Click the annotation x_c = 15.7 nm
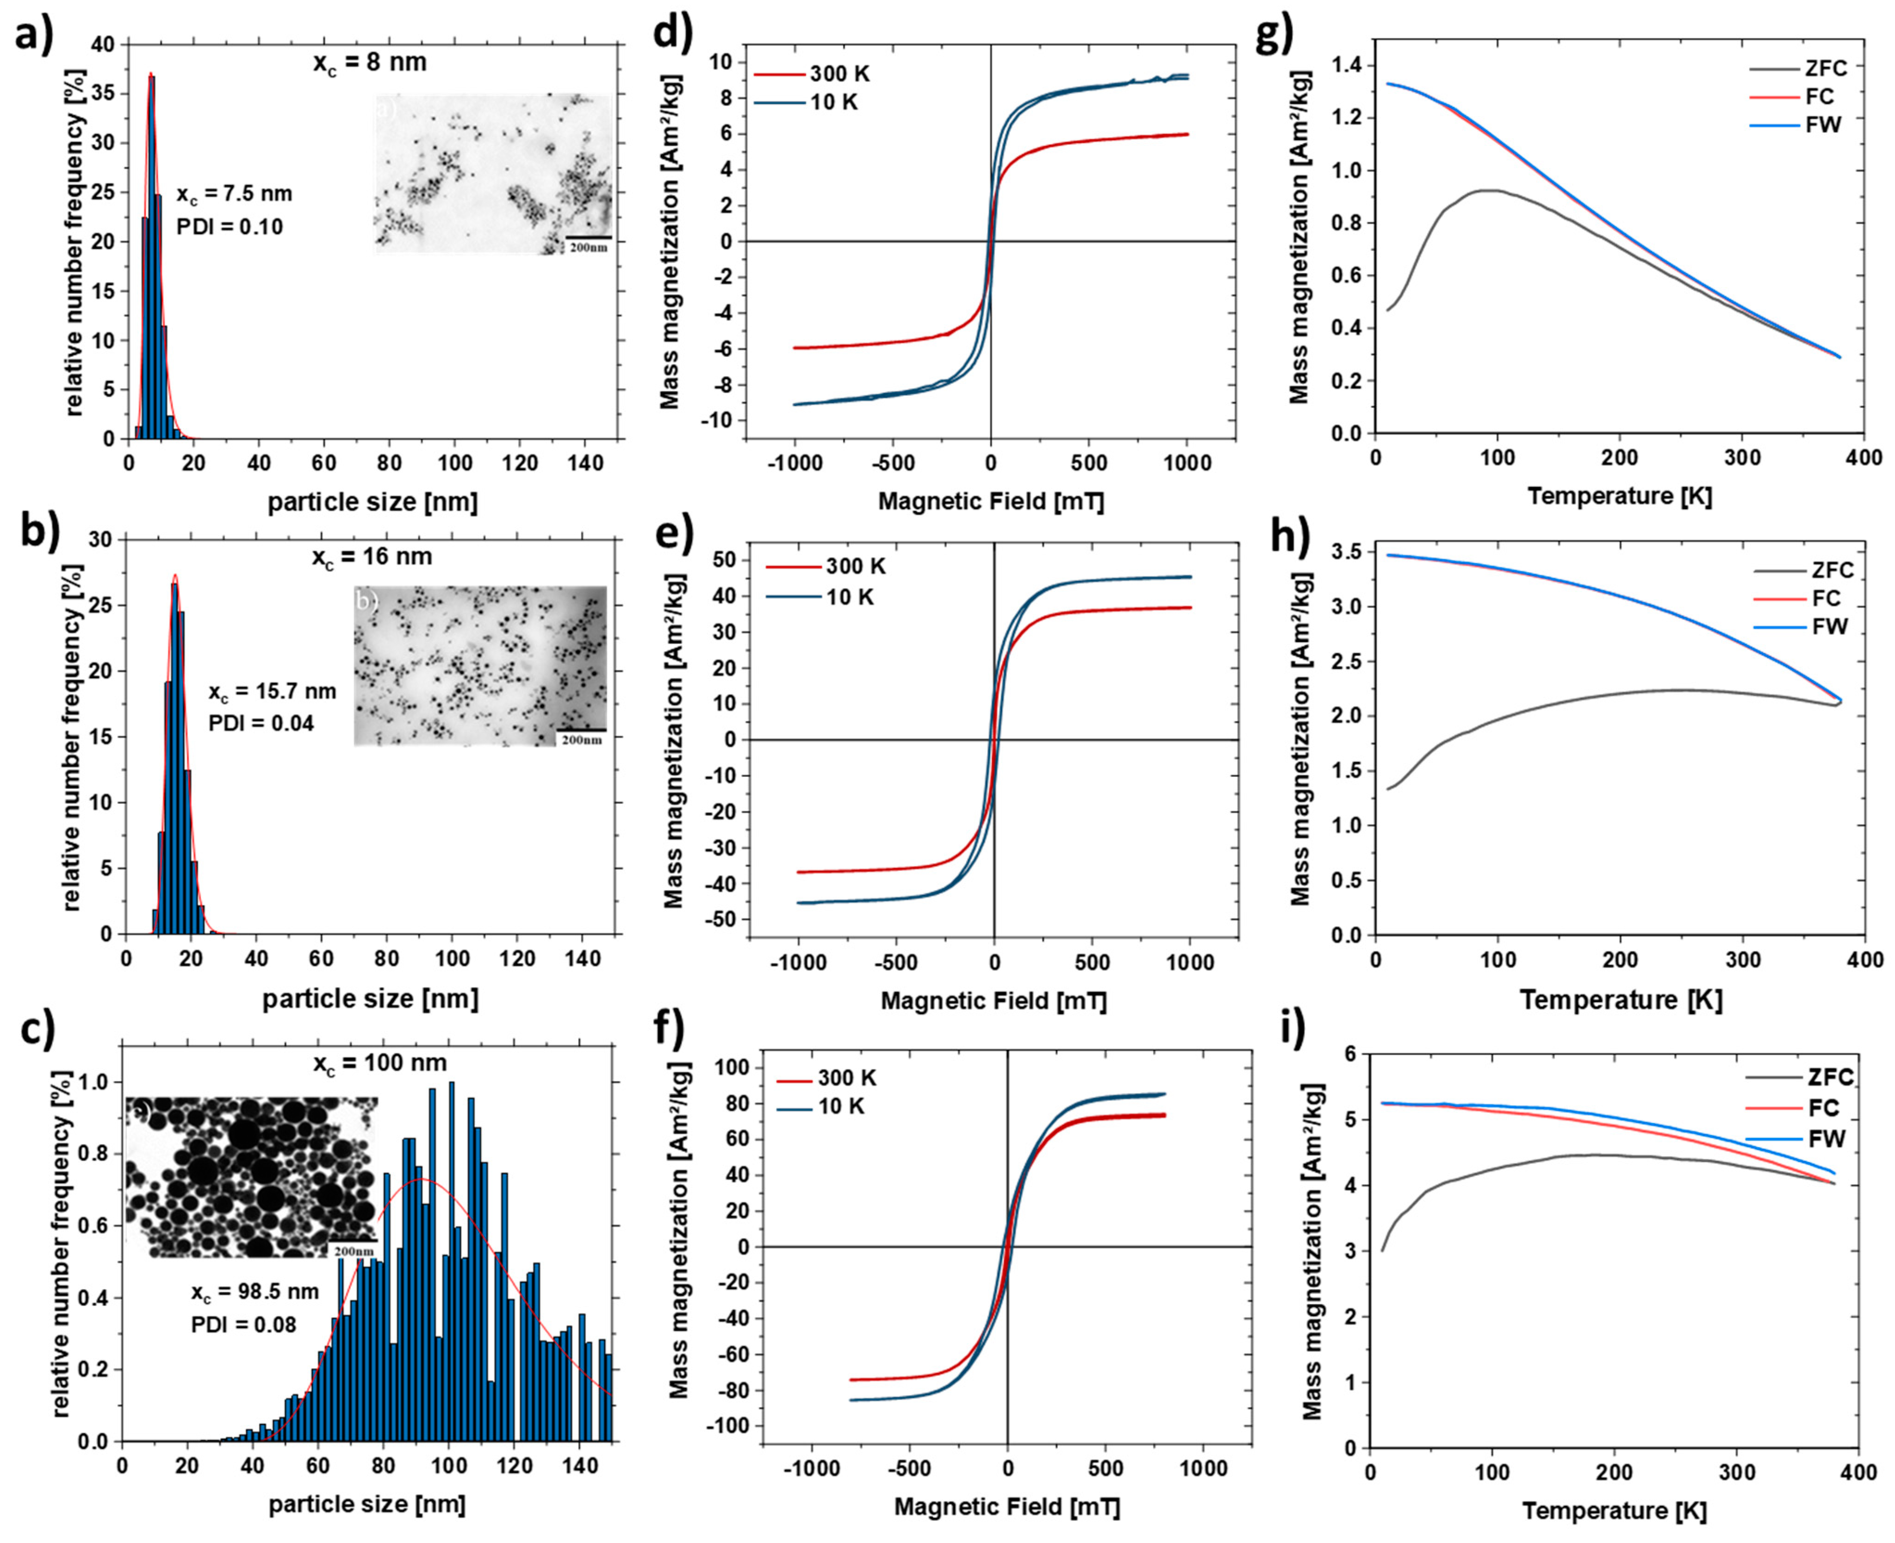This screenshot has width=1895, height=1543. tap(272, 692)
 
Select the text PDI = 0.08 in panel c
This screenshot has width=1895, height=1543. tap(243, 1324)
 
